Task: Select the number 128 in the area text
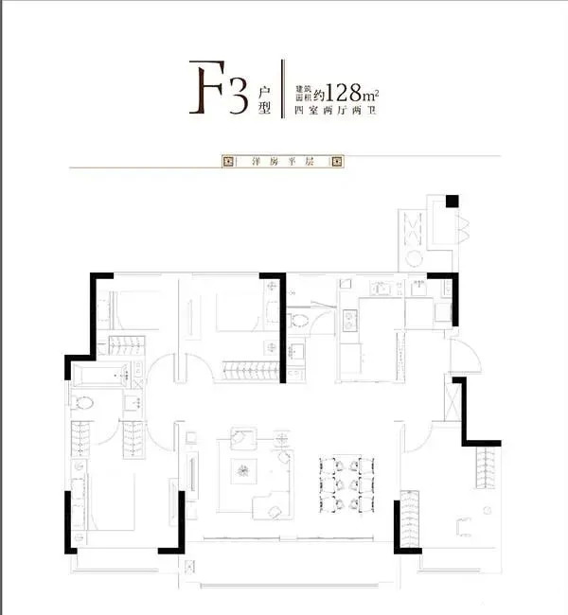[x=344, y=93]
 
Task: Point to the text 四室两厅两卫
[x=335, y=110]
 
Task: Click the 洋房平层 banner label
[x=283, y=161]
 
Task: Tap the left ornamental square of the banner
[x=227, y=161]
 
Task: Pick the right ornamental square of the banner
[x=338, y=161]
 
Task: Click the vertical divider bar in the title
[x=282, y=89]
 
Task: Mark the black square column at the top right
[x=453, y=202]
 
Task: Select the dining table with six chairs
[x=346, y=485]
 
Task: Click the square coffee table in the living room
[x=243, y=471]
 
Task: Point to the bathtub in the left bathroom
[x=101, y=376]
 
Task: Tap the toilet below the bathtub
[x=81, y=403]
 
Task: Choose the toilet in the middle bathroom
[x=297, y=321]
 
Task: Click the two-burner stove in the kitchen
[x=349, y=321]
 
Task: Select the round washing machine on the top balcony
[x=414, y=258]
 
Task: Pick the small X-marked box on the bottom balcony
[x=190, y=567]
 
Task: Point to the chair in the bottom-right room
[x=464, y=527]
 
